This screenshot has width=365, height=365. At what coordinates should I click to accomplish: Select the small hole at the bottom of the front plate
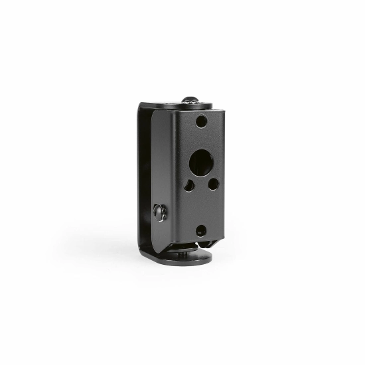(200, 230)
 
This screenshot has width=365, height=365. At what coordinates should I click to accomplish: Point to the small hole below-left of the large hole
(189, 186)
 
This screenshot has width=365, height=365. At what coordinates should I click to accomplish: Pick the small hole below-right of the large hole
(214, 184)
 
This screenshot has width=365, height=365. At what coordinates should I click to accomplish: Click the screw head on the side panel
(159, 212)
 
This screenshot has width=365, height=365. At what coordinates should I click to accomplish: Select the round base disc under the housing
(189, 255)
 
